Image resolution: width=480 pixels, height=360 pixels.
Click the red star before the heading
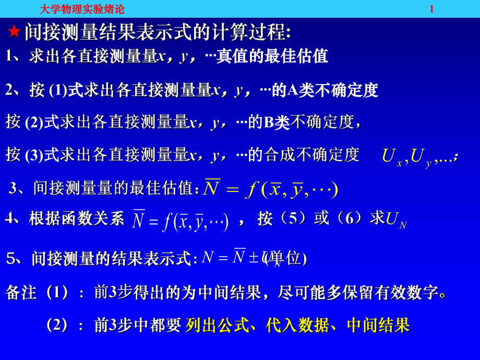pos(14,32)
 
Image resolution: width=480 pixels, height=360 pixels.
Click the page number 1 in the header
pos(431,9)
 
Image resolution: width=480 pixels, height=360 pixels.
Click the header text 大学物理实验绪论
pos(82,9)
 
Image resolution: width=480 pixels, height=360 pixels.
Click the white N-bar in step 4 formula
pos(138,220)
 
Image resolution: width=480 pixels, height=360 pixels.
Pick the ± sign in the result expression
pos(254,258)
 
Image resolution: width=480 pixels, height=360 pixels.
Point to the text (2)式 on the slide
pos(42,122)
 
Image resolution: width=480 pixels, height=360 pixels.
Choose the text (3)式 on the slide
pos(42,154)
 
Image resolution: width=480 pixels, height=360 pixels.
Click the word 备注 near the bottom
pos(21,292)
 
